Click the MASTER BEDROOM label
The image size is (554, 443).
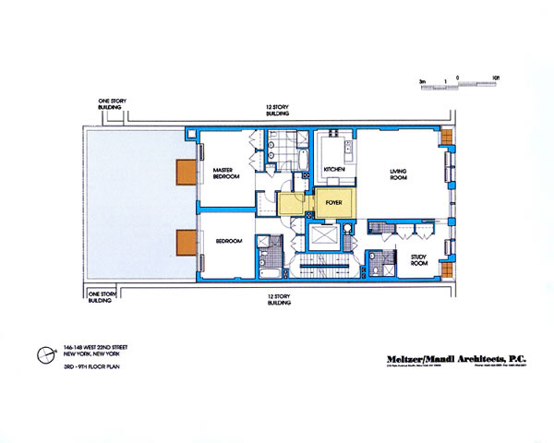coord(227,174)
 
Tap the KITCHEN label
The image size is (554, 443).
coord(334,168)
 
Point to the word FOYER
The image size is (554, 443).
coord(333,198)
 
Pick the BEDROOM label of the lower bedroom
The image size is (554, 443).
coord(229,241)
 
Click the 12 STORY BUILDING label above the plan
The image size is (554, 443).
coord(276,111)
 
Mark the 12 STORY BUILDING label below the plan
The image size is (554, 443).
coord(276,302)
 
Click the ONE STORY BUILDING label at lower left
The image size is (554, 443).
coord(100,298)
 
